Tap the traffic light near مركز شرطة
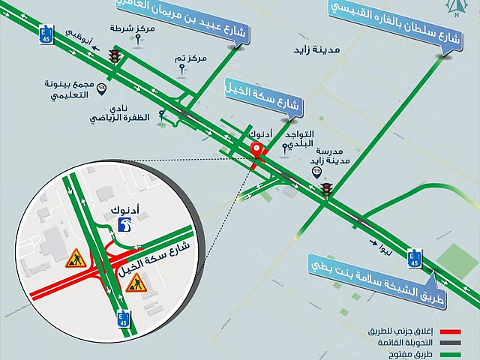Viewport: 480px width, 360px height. [x=115, y=56]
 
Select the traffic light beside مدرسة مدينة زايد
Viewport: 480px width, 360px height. [x=326, y=190]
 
